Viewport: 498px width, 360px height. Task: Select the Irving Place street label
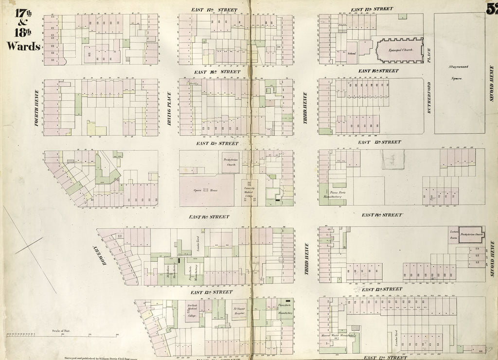click(169, 108)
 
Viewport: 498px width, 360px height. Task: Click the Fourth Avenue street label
click(37, 108)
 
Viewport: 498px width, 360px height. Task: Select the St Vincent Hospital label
click(239, 311)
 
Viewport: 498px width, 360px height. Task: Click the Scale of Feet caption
click(62, 331)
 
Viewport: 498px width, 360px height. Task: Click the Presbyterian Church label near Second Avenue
click(472, 234)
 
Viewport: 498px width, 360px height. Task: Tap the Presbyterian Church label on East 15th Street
click(231, 162)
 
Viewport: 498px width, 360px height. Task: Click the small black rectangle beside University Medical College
click(278, 200)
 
